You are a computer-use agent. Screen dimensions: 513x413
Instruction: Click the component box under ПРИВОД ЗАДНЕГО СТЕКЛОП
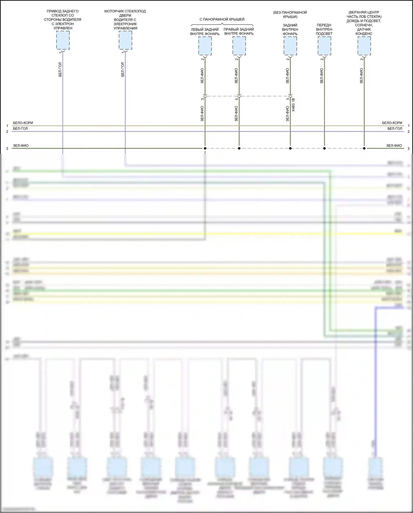tap(63, 40)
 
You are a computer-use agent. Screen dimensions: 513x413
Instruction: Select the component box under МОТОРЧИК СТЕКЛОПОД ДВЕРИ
tap(125, 40)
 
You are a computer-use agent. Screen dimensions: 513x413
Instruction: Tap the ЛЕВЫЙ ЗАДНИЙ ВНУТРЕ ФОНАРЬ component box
tap(205, 46)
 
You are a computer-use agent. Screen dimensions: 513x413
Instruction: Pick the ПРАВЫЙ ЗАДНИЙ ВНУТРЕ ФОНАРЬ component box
tap(239, 46)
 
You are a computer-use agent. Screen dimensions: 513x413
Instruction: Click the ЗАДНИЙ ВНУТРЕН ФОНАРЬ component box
tap(290, 46)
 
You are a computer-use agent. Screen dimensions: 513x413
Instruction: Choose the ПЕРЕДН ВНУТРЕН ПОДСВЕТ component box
tap(324, 46)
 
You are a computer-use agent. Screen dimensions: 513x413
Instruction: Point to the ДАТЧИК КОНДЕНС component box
tap(364, 46)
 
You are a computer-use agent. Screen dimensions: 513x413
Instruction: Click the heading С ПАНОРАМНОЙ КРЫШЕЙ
tap(222, 19)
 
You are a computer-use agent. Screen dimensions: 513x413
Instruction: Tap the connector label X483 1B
tap(294, 105)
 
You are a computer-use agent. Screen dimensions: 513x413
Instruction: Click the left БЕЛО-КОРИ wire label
tap(23, 123)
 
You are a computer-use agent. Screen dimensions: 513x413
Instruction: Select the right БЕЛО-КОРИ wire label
tap(392, 123)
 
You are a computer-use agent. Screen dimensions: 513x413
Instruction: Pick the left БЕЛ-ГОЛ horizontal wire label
tap(20, 129)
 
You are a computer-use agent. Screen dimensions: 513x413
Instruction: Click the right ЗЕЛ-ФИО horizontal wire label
tap(394, 146)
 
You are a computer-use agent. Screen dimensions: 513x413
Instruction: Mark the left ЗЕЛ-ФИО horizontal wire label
tap(21, 146)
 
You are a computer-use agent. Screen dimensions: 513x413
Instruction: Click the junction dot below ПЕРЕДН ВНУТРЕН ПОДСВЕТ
tap(324, 149)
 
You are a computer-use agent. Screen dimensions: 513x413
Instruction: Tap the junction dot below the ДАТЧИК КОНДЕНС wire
tap(364, 149)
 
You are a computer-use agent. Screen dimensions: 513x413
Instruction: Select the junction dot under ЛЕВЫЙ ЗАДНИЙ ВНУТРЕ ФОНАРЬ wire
tap(205, 149)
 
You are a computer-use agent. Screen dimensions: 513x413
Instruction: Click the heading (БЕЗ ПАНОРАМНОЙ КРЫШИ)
tap(290, 15)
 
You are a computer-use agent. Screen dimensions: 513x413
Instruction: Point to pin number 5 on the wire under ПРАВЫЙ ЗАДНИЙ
tap(237, 99)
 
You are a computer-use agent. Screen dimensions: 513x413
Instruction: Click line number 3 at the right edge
tap(408, 149)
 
